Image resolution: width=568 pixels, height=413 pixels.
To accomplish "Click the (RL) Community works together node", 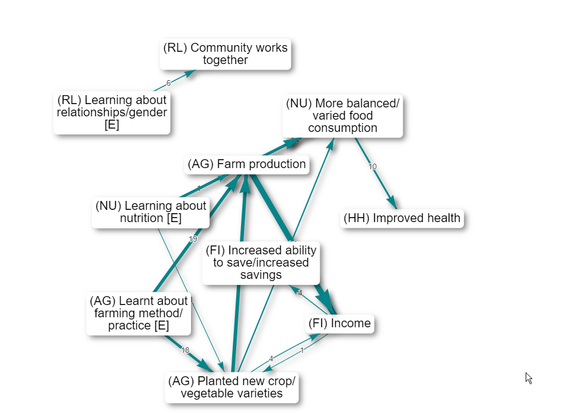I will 225,54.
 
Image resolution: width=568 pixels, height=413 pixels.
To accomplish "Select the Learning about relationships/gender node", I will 111,112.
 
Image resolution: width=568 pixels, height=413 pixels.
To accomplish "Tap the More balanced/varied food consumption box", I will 342,116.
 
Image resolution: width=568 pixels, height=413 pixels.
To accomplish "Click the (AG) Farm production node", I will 247,164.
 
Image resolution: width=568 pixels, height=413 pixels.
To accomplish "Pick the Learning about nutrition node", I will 150,212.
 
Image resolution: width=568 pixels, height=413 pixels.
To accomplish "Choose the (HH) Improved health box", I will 402,218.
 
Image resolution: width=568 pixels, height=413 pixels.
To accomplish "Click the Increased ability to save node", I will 261,263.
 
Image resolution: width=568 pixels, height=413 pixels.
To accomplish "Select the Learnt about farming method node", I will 138,313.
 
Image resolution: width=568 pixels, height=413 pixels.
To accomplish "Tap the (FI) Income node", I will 339,323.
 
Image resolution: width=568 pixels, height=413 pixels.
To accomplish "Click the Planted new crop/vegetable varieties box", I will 231,387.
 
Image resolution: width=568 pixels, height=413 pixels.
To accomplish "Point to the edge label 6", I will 168,83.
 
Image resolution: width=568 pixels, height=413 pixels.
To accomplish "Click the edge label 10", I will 373,166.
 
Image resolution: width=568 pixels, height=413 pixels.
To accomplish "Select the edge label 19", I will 193,239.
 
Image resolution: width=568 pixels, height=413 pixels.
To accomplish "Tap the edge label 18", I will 185,351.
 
